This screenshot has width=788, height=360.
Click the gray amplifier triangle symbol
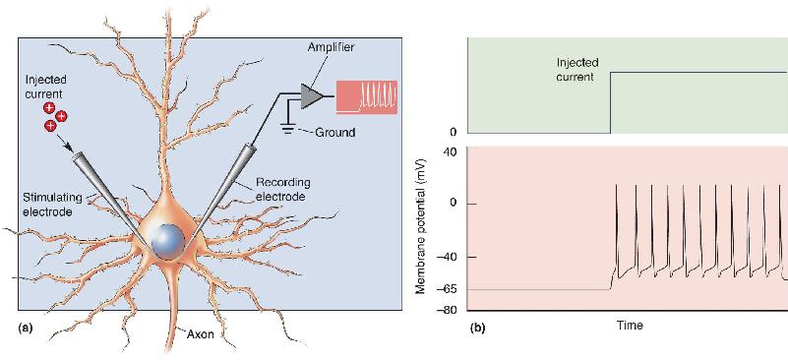310,95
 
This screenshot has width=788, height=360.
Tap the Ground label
335,133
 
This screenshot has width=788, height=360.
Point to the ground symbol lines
288,129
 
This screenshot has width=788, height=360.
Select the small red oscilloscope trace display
367,96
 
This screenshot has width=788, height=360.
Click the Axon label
202,335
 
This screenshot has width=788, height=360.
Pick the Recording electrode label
280,189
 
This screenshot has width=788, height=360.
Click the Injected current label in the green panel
576,70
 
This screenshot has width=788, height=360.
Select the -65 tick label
450,289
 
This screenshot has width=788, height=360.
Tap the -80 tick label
450,310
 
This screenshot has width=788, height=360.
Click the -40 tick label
450,257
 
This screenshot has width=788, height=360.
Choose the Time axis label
630,326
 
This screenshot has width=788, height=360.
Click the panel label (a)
25,329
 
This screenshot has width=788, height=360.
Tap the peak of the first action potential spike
617,185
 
